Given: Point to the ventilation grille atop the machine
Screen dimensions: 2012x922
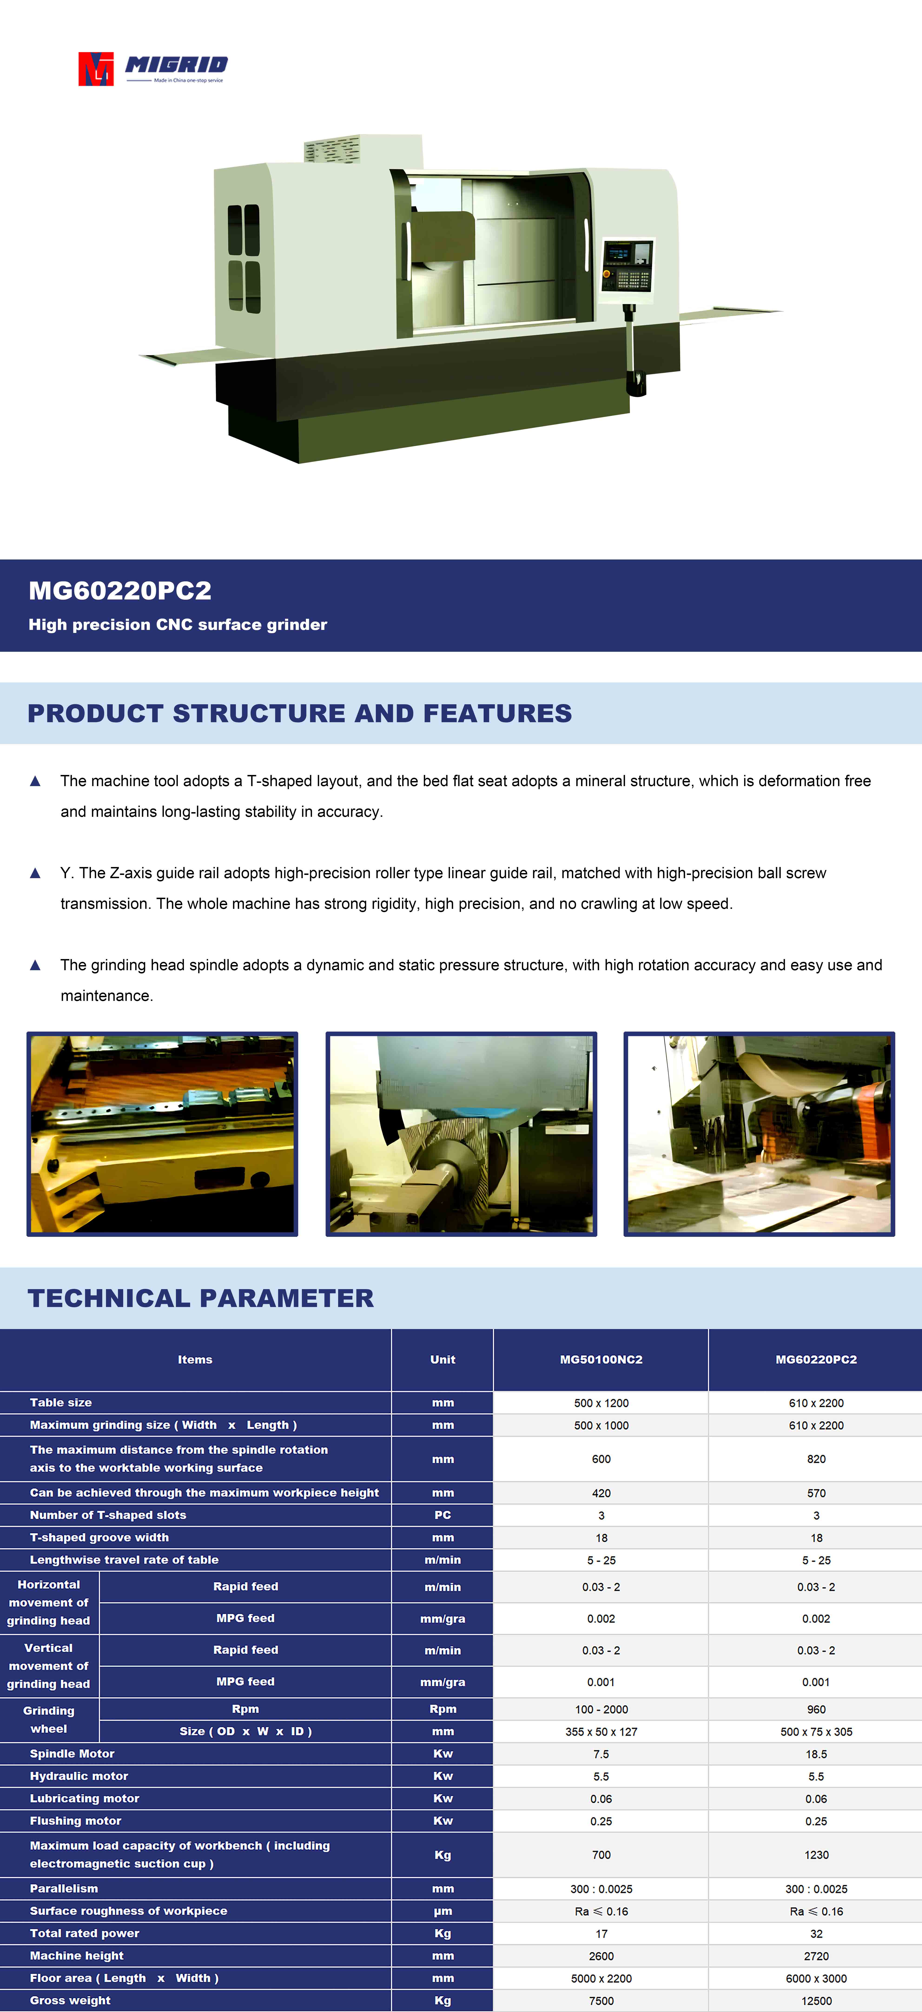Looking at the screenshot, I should pyautogui.click(x=332, y=149).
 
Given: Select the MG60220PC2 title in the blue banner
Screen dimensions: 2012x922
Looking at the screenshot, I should pyautogui.click(x=120, y=590).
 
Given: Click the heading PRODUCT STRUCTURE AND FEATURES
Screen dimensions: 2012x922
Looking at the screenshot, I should pyautogui.click(x=300, y=713).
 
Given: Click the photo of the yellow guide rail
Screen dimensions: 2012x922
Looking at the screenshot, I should pyautogui.click(x=162, y=1134).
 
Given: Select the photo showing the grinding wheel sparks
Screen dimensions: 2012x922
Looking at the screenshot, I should pyautogui.click(x=759, y=1134).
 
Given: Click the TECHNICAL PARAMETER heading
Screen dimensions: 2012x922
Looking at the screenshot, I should pyautogui.click(x=201, y=1298).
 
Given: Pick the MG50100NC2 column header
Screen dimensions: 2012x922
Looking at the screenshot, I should pyautogui.click(x=601, y=1359).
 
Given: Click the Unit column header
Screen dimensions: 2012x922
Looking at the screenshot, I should pyautogui.click(x=443, y=1359).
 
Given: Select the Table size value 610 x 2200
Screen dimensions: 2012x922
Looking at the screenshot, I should pyautogui.click(x=816, y=1403).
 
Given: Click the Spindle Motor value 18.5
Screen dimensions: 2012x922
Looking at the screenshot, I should pyautogui.click(x=816, y=1754).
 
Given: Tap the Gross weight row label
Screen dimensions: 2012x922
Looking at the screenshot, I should pyautogui.click(x=70, y=2000).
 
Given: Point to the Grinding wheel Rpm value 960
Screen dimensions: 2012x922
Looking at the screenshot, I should pyautogui.click(x=816, y=1709).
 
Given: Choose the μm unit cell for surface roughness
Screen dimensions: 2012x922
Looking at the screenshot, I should pyautogui.click(x=443, y=1911).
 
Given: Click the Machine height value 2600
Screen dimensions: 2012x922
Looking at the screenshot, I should pyautogui.click(x=601, y=1956).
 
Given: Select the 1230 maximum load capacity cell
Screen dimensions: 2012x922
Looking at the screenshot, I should pyautogui.click(x=816, y=1854).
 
